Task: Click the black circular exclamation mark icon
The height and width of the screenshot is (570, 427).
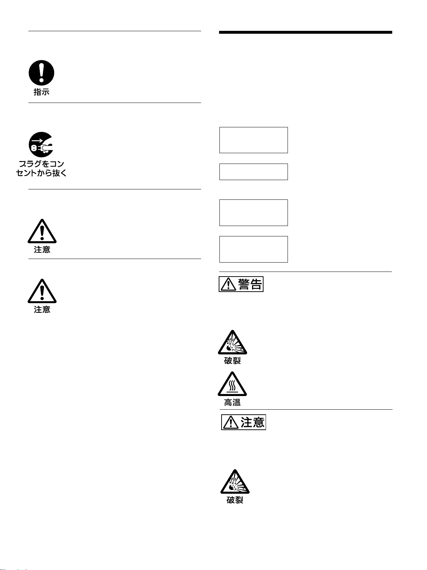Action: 42,73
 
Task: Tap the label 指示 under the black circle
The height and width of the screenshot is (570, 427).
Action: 42,92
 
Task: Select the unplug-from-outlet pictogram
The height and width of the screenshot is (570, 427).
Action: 41,144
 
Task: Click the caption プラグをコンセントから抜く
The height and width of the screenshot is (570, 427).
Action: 41,169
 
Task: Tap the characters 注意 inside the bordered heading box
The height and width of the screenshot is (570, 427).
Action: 252,422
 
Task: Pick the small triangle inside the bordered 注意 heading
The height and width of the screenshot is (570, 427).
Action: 231,423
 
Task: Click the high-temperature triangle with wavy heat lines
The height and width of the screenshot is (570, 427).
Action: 232,384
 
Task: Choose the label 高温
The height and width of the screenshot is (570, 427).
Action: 232,403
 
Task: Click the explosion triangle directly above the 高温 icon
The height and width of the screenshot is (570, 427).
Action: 232,343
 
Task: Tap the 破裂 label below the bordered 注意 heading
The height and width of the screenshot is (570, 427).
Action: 235,500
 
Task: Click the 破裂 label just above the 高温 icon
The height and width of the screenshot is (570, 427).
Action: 232,361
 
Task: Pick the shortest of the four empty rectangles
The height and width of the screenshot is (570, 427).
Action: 253,172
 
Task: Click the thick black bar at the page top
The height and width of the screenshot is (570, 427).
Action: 305,33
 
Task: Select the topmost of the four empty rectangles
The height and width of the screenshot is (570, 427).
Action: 253,140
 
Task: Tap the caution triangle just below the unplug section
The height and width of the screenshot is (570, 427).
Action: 42,231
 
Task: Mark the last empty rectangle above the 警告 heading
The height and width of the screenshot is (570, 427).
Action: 253,249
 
